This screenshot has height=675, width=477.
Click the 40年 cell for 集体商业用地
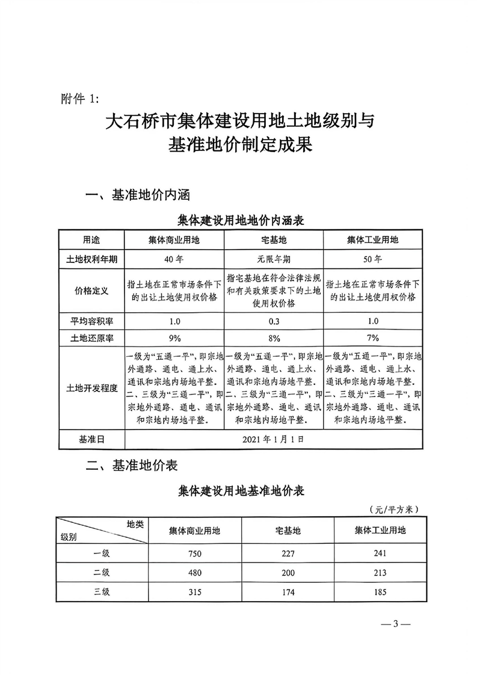click(x=174, y=260)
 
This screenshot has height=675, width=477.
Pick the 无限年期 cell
click(x=274, y=260)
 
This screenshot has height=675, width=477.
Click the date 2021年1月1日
click(x=274, y=439)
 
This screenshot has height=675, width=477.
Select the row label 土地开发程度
click(x=91, y=388)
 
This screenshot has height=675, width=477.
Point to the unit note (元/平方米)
click(x=394, y=510)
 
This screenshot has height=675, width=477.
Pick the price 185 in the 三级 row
click(x=380, y=592)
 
